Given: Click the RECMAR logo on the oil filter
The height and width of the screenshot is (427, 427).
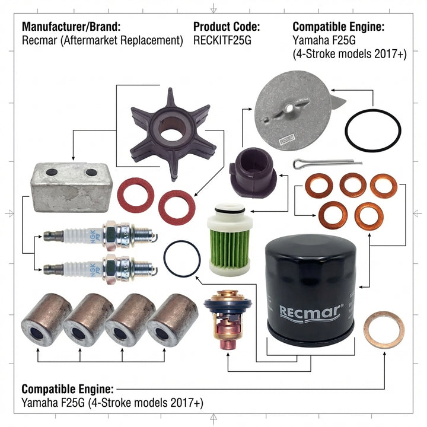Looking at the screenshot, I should pos(311,310).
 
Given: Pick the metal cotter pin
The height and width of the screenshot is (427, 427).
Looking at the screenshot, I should pos(326,163).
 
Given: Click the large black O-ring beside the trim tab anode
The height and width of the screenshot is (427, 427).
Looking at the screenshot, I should pos(373,129).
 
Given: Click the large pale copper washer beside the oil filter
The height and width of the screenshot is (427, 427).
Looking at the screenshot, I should pos(383,329).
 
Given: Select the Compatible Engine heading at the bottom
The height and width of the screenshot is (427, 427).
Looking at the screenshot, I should pos(67,389).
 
